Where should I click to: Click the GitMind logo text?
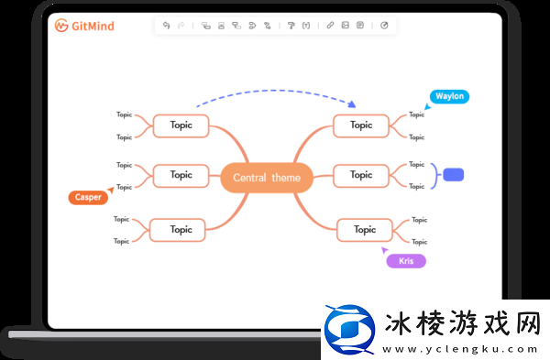click(x=92, y=26)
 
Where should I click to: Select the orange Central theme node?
click(x=267, y=178)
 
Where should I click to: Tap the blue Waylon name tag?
click(x=449, y=96)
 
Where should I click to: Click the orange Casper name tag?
click(x=87, y=197)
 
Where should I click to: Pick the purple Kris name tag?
click(x=406, y=261)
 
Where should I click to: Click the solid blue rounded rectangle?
click(x=453, y=175)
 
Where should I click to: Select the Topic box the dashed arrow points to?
click(x=361, y=125)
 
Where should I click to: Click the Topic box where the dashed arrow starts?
click(x=181, y=125)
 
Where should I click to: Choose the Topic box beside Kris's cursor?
click(x=365, y=230)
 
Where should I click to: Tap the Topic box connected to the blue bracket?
click(x=361, y=175)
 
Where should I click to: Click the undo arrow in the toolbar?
click(x=167, y=26)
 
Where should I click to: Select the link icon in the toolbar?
click(x=330, y=26)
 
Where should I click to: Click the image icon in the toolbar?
click(x=345, y=26)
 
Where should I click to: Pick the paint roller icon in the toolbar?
click(x=291, y=26)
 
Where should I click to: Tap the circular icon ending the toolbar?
click(x=384, y=26)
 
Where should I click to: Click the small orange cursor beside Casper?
click(x=111, y=190)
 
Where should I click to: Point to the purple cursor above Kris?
click(x=385, y=248)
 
